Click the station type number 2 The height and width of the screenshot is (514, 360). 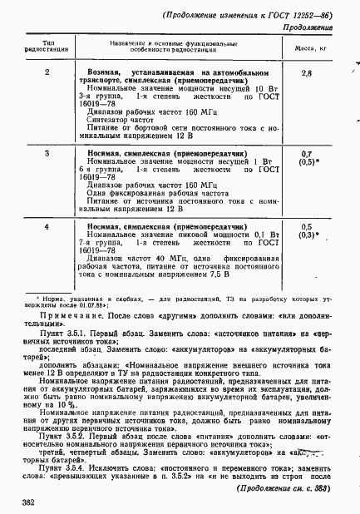(x=47, y=73)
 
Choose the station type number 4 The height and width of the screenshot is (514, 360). (x=47, y=225)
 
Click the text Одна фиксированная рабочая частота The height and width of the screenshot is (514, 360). (x=159, y=190)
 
